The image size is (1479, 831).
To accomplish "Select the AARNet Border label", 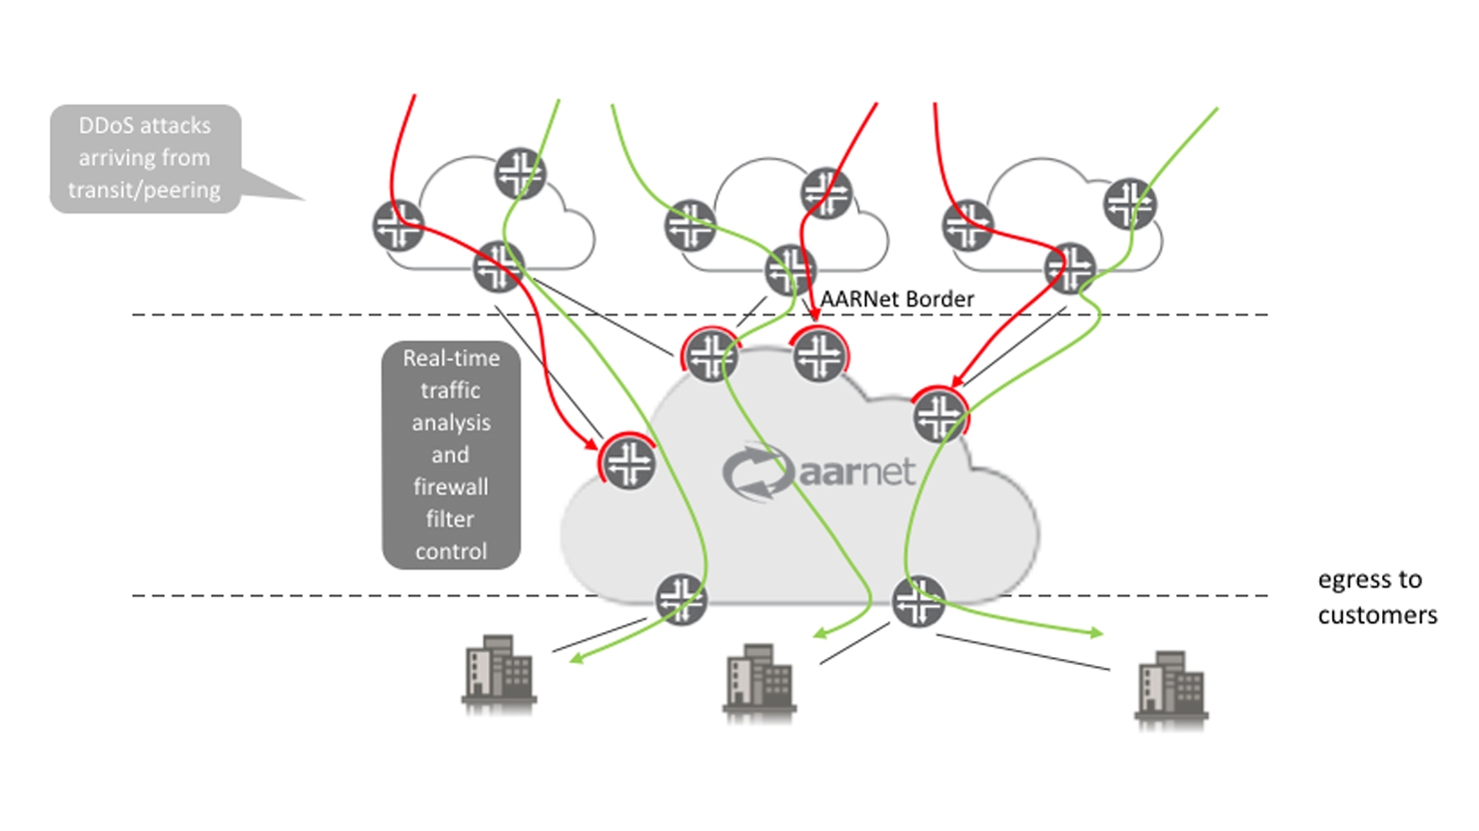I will (x=896, y=299).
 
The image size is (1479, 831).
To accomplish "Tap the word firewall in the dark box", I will (x=451, y=486).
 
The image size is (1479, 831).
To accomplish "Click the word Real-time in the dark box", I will (x=451, y=358).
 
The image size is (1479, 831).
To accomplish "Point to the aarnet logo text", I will (x=856, y=471).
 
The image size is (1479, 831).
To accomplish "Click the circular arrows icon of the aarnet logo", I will (x=756, y=472).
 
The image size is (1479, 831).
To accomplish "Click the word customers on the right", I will (x=1377, y=615).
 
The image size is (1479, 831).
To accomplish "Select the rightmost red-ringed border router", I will (x=939, y=415).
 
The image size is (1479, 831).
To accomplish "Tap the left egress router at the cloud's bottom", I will (x=682, y=599).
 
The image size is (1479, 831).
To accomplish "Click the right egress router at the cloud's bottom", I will (x=917, y=601).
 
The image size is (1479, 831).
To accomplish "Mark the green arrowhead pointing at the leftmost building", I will (x=577, y=657).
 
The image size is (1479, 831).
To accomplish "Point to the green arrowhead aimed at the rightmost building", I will (x=1096, y=633).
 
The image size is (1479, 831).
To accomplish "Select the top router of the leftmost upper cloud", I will (x=520, y=174).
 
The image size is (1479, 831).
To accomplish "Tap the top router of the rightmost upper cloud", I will (x=1129, y=204).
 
